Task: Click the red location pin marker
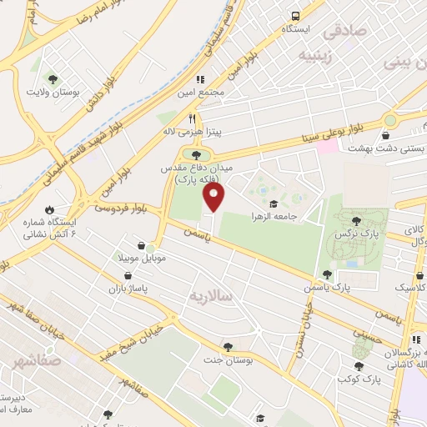click(215, 198)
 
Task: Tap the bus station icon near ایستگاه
click(295, 16)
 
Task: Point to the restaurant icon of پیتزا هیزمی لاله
click(193, 118)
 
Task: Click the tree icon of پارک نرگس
click(357, 221)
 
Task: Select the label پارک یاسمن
click(362, 286)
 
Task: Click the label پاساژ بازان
click(127, 288)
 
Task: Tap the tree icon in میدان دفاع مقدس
click(197, 153)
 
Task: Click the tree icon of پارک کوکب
click(359, 365)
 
